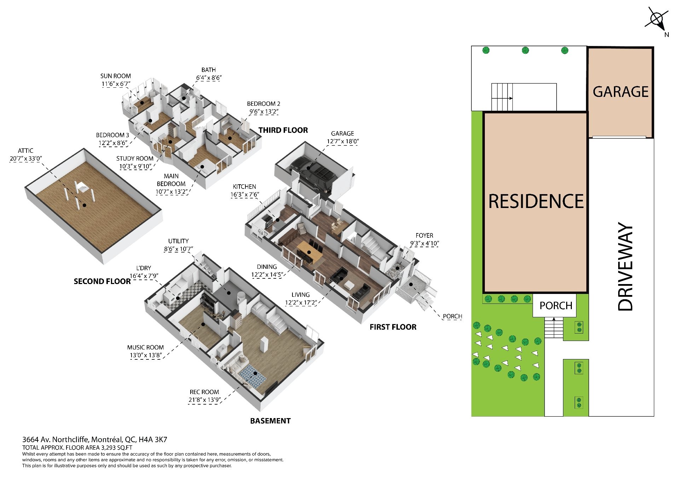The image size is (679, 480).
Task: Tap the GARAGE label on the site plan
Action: pos(621,92)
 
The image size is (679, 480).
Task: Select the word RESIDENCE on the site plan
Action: pos(536,201)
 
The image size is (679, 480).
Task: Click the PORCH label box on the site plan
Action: pos(556,305)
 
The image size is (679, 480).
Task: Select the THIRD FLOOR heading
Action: pos(283,130)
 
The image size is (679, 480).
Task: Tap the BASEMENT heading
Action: pos(270,421)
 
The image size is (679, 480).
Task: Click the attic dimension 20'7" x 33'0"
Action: pos(26,158)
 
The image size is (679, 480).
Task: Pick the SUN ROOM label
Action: pos(116,76)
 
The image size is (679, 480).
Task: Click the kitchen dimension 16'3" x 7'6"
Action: pos(244,195)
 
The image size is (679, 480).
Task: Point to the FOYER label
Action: pos(424,235)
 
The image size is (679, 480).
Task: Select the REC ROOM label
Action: pos(204,392)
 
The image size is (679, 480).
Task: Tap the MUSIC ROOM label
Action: pos(145,347)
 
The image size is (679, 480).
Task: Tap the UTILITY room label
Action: pos(178,241)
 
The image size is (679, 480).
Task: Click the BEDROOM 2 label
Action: pos(263,104)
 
